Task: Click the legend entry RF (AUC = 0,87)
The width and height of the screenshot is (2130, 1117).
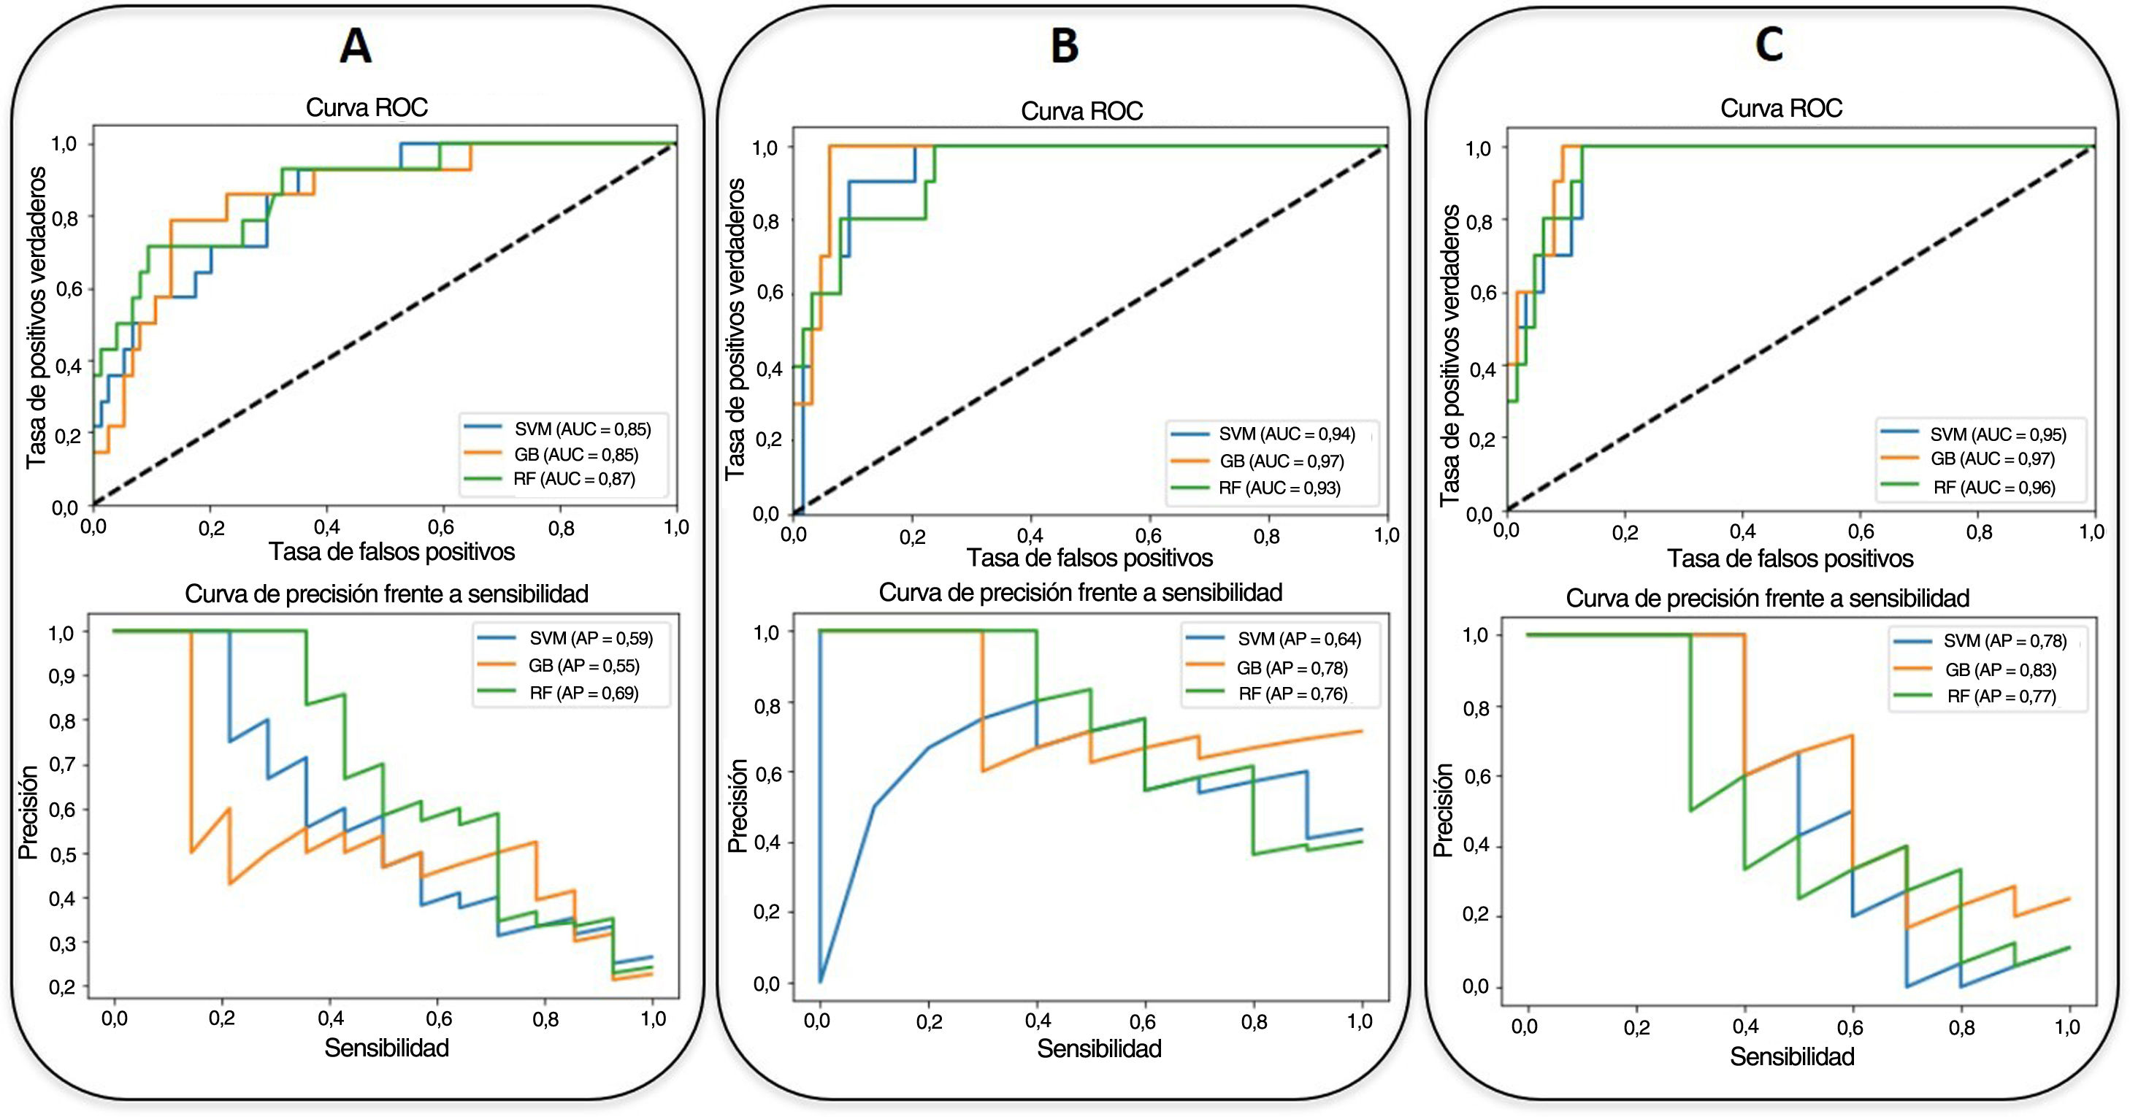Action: coord(574,480)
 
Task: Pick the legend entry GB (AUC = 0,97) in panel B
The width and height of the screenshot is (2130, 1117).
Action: coord(1281,461)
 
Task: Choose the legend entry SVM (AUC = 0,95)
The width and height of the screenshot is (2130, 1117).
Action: coord(1997,435)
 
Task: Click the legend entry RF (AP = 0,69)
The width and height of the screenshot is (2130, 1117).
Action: coord(583,694)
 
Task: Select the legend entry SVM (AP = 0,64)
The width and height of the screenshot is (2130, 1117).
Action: coord(1298,639)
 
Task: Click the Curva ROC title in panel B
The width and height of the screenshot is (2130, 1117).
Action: coord(1081,111)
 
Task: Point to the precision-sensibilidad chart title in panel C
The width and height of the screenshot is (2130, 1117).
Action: coord(1767,598)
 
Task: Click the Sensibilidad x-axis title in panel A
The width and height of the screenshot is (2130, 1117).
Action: coord(386,1048)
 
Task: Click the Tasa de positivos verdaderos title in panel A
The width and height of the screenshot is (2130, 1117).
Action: coord(36,318)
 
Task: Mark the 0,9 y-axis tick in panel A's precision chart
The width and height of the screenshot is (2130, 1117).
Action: coord(62,676)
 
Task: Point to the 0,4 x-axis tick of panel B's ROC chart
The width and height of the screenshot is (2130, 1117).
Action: coord(1030,536)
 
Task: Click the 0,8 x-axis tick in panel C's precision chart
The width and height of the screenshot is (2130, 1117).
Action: coord(1961,1028)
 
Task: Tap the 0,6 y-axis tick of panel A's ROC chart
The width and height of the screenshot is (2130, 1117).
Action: coord(69,289)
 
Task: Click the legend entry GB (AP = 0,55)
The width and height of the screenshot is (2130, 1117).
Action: coord(583,667)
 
